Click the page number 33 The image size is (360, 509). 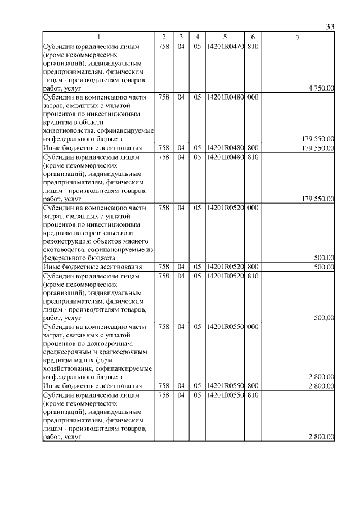330,26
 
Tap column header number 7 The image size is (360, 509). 298,37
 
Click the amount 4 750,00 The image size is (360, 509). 321,88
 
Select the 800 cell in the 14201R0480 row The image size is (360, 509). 253,148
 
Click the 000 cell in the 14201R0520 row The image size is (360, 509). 253,208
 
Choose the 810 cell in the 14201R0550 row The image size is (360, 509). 253,395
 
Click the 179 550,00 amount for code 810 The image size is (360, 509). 318,199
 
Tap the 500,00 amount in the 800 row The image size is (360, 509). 324,267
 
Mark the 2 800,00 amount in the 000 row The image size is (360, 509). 321,377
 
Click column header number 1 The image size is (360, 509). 98,37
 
